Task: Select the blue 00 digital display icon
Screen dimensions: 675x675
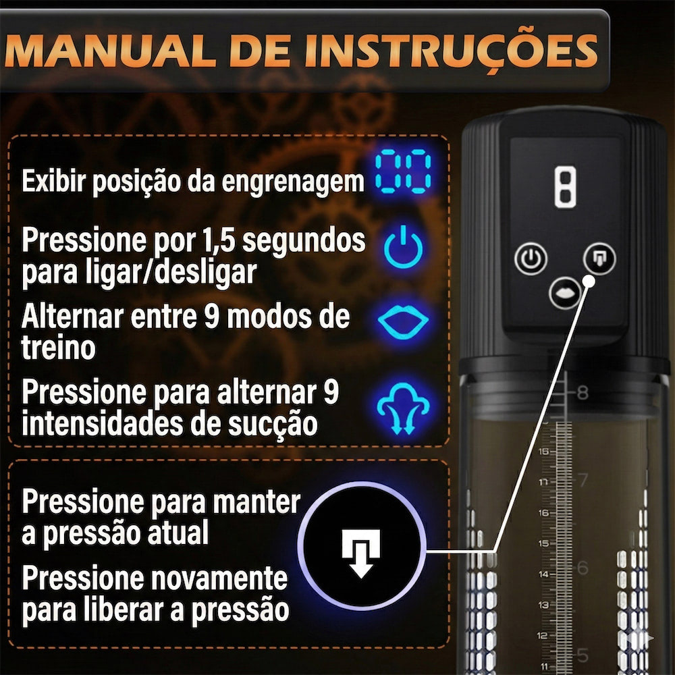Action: pyautogui.click(x=403, y=171)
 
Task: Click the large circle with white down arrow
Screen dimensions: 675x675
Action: pyautogui.click(x=362, y=546)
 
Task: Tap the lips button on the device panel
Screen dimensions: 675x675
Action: pyautogui.click(x=565, y=293)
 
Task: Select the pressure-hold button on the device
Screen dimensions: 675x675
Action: pyautogui.click(x=599, y=259)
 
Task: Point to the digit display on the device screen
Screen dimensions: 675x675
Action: pyautogui.click(x=565, y=187)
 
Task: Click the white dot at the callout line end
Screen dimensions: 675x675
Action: pyautogui.click(x=589, y=281)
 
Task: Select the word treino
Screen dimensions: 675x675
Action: pyautogui.click(x=58, y=348)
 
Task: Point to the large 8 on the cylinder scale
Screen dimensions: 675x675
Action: pyautogui.click(x=583, y=393)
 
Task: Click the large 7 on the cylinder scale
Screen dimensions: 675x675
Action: pyautogui.click(x=583, y=480)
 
